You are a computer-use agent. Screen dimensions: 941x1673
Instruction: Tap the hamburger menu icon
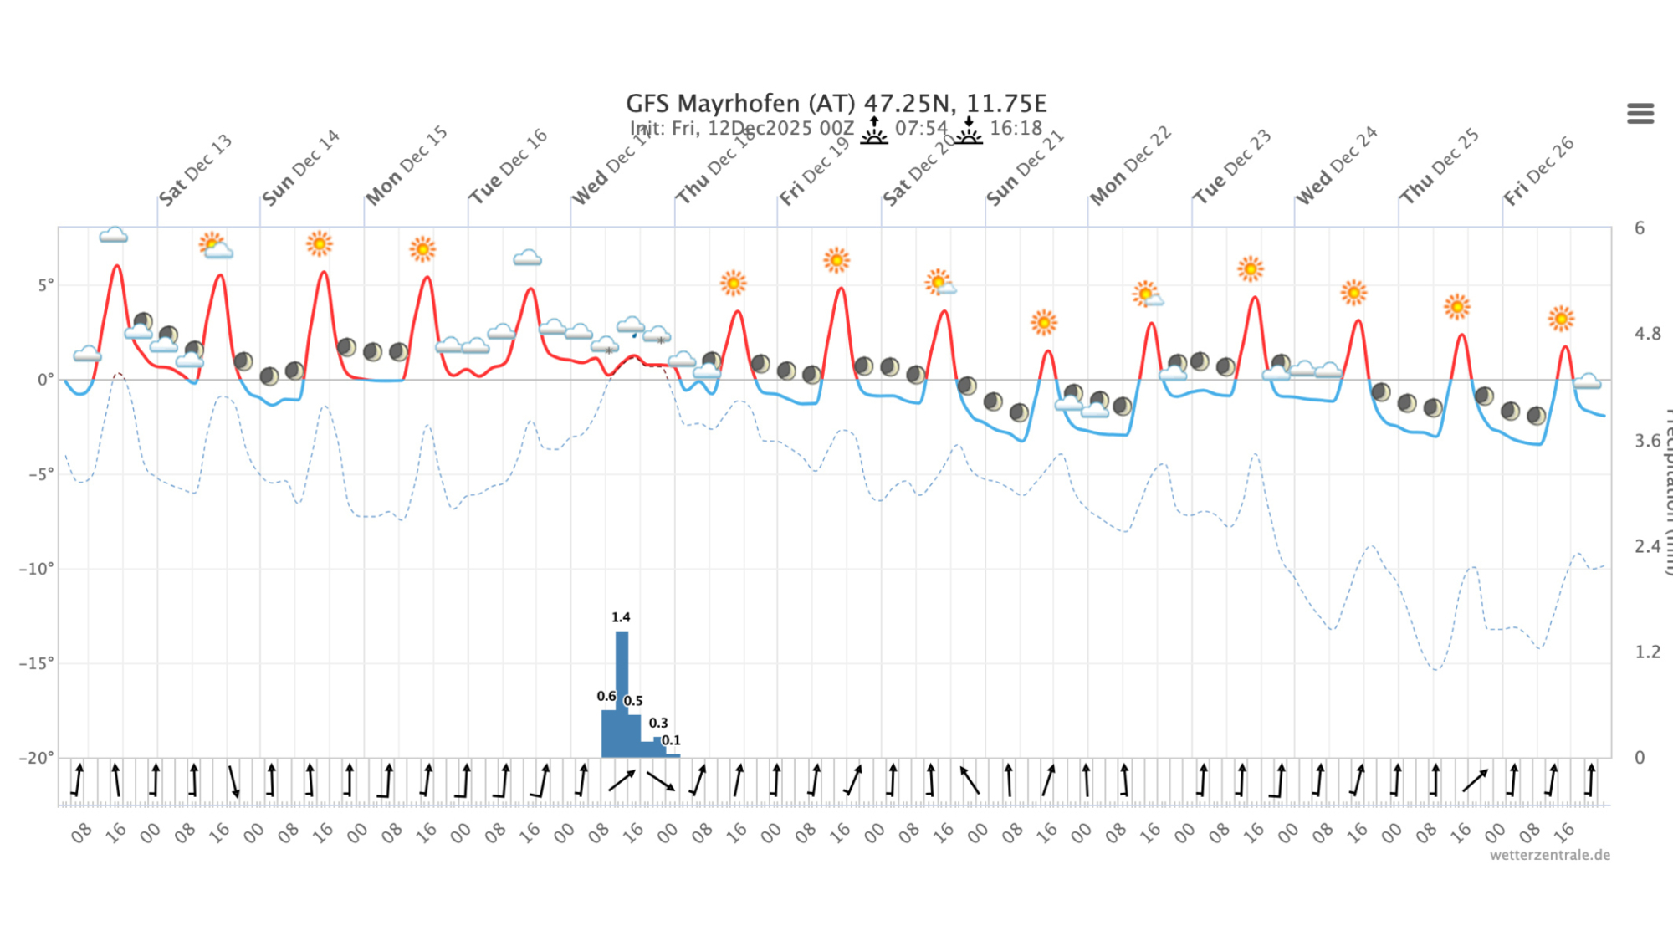[x=1640, y=114]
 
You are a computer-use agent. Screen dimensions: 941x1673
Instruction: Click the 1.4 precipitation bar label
[x=621, y=617]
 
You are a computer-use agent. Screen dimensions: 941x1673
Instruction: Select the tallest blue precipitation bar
[x=622, y=694]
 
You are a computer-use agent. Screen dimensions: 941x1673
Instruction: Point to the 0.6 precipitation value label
[x=606, y=696]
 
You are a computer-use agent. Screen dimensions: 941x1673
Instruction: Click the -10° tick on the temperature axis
[x=37, y=570]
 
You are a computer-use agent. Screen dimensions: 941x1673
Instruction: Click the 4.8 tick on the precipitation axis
[x=1647, y=334]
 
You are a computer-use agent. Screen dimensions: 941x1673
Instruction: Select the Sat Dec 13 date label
[x=195, y=170]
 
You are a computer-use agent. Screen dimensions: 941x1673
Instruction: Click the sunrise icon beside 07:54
[x=874, y=130]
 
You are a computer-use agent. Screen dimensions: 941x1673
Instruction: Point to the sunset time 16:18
[x=1016, y=129]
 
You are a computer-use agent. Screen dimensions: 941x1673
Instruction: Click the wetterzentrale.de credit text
[x=1549, y=855]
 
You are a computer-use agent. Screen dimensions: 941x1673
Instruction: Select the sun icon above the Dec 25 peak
[x=1456, y=307]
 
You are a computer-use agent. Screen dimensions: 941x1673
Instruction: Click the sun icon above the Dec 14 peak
[x=319, y=243]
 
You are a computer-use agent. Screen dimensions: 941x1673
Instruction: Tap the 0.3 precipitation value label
[x=658, y=723]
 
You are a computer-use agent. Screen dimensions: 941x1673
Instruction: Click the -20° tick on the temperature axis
[x=37, y=758]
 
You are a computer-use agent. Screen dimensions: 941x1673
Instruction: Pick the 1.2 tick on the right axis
[x=1647, y=652]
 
